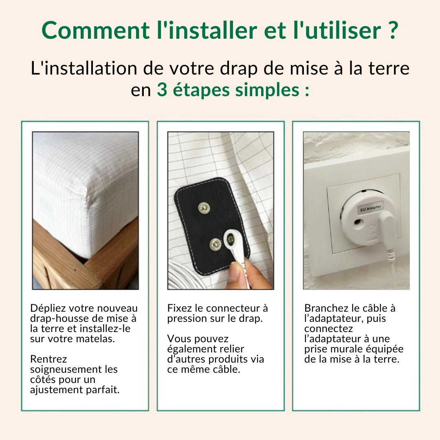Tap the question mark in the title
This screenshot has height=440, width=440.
click(x=392, y=31)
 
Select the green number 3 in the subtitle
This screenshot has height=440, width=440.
click(x=162, y=90)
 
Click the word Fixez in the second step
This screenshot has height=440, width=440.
click(x=179, y=308)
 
